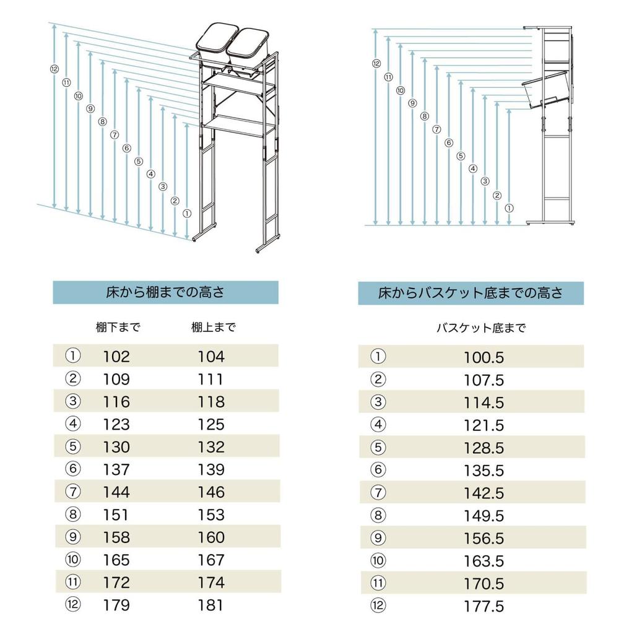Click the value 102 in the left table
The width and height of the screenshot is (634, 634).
click(x=116, y=357)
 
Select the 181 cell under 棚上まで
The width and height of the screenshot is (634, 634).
click(x=211, y=605)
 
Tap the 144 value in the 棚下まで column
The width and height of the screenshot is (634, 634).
click(x=116, y=492)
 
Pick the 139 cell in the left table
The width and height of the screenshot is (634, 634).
click(x=211, y=470)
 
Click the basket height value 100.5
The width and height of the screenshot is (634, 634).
click(x=484, y=358)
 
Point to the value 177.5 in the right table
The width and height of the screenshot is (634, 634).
click(x=484, y=606)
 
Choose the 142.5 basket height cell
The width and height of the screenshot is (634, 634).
click(x=484, y=493)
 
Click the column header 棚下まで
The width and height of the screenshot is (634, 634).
click(x=118, y=328)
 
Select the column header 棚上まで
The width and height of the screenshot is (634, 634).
click(x=214, y=328)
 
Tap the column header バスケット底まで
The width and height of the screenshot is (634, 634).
click(x=481, y=328)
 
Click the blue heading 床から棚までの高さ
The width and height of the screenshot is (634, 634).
click(x=165, y=293)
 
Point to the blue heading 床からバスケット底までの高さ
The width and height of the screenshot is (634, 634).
click(x=471, y=293)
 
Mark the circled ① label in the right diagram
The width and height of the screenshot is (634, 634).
click(x=509, y=208)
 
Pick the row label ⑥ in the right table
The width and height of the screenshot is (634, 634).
click(x=378, y=470)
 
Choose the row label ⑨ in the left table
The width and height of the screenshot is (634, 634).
click(x=73, y=537)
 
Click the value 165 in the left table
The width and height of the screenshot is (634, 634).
click(x=116, y=560)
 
